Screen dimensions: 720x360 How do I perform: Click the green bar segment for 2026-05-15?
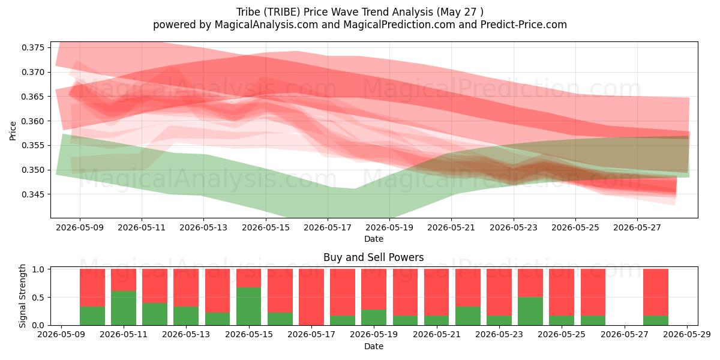249,306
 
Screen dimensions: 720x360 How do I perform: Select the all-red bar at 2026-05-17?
311,297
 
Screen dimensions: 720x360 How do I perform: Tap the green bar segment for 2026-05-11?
124,308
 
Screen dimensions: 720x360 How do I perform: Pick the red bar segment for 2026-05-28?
656,292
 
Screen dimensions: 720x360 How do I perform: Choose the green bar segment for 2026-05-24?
530,311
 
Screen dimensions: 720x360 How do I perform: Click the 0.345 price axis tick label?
33,194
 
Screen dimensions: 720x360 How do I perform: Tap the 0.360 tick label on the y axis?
33,121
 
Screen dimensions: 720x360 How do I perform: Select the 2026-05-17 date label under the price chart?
328,227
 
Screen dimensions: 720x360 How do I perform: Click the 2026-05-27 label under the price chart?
637,227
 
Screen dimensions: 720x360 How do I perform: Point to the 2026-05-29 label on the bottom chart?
687,335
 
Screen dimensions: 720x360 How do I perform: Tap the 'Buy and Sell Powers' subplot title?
373,257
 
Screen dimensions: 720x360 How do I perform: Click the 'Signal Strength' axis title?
22,296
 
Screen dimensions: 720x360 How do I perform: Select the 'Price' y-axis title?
13,131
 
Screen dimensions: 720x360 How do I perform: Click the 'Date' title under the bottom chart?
373,346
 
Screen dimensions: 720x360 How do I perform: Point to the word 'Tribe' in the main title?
248,12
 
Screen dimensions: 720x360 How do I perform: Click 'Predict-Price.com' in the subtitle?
524,25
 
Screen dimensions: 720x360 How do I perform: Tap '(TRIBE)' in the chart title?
282,12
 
